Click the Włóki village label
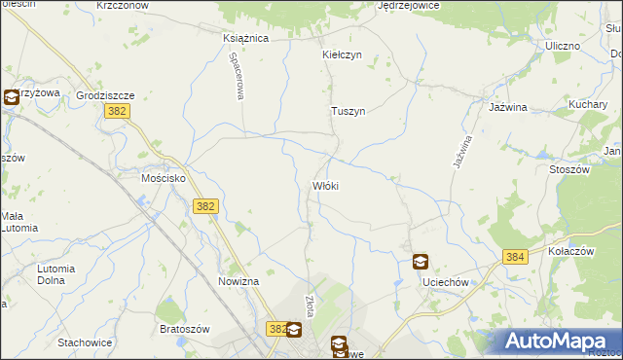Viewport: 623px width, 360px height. (325, 186)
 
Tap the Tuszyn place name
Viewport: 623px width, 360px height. (348, 112)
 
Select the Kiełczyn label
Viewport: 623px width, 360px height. (342, 55)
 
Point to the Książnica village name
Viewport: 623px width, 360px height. (245, 39)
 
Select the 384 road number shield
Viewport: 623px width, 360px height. (516, 257)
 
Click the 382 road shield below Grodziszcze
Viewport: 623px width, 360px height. (115, 113)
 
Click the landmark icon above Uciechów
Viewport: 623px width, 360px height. (420, 262)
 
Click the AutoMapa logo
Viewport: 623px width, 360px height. (559, 341)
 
